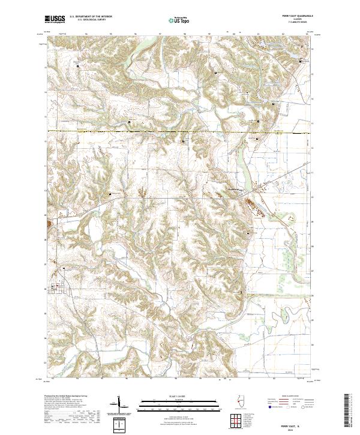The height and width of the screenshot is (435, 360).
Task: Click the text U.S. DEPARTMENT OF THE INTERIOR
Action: pyautogui.click(x=95, y=17)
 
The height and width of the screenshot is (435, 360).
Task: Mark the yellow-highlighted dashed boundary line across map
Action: pyautogui.click(x=180, y=130)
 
